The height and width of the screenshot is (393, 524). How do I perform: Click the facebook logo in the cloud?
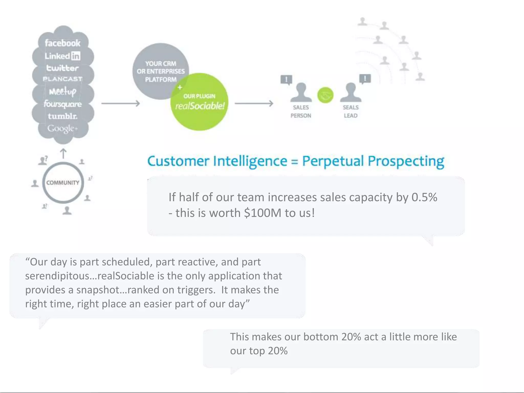tap(63, 43)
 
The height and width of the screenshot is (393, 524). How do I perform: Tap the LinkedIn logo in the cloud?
tap(63, 56)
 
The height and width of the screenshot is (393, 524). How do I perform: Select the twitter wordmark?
tap(62, 68)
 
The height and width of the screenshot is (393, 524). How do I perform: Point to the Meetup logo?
tap(63, 91)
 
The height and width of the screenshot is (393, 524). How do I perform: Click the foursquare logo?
tap(63, 104)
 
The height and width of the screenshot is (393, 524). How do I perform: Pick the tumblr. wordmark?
tap(63, 116)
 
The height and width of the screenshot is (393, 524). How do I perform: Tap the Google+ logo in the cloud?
tap(62, 128)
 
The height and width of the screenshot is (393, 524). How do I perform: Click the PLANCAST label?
tap(63, 79)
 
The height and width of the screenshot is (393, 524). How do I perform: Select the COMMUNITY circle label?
tap(63, 183)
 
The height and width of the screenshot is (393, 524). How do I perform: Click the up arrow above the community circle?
tap(63, 154)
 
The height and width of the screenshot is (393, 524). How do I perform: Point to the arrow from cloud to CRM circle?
tap(120, 103)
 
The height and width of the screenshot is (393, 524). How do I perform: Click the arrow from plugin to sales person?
tap(254, 103)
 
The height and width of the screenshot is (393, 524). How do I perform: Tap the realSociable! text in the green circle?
tap(200, 106)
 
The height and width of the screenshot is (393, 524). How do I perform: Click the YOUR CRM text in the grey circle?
tap(161, 64)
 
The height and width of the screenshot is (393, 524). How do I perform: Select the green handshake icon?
tap(325, 95)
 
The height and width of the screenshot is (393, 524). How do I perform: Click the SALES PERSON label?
tap(301, 112)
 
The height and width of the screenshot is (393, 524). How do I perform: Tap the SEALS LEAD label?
tap(351, 112)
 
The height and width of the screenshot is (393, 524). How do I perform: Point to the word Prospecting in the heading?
tap(406, 161)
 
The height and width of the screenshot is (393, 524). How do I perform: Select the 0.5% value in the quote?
tap(424, 197)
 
